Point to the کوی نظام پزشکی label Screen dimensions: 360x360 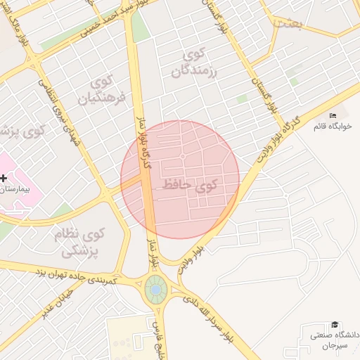click(79, 241)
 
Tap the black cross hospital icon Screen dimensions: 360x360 click(4, 179)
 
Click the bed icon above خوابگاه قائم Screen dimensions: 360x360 click(333, 116)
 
